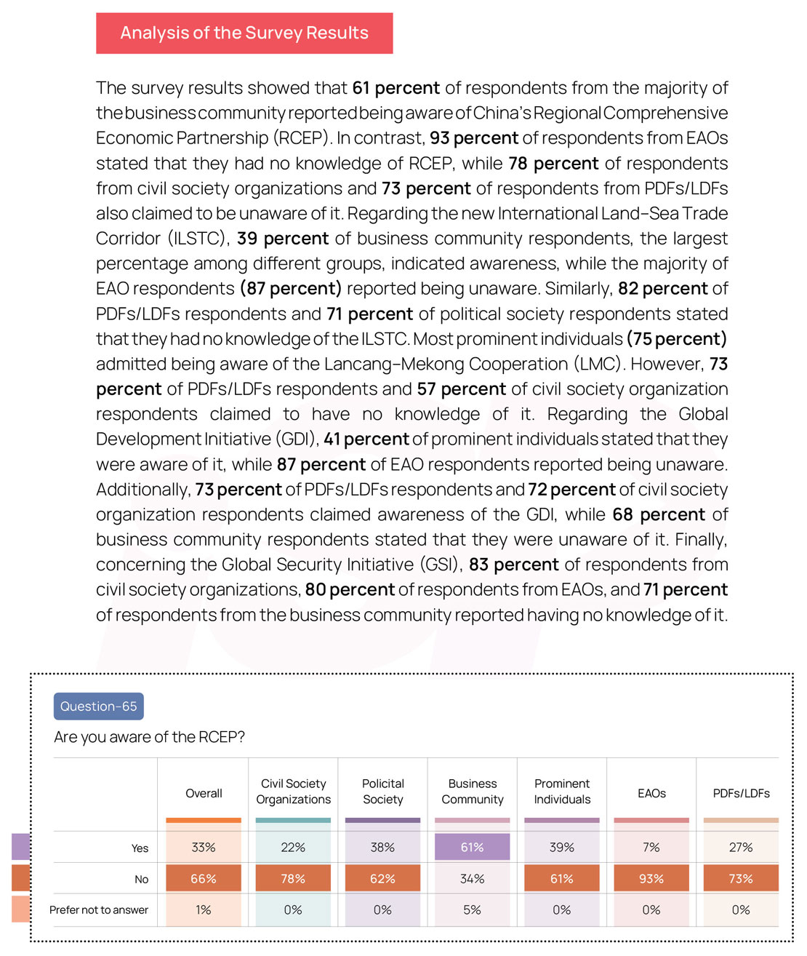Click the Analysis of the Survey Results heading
tap(244, 33)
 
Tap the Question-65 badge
tap(98, 706)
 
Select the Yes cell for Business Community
tap(472, 848)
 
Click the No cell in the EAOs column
tap(651, 879)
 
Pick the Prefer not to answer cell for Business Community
tap(472, 910)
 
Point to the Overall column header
tap(204, 793)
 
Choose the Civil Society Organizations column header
tap(293, 792)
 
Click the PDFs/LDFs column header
tap(741, 793)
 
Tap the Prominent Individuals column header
tap(562, 792)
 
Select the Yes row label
tap(140, 848)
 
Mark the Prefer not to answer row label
tap(99, 910)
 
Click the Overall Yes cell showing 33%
tap(204, 848)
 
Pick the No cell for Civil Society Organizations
tap(293, 879)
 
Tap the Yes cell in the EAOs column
tap(651, 848)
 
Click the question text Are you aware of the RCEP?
tap(149, 737)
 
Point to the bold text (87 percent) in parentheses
tap(291, 289)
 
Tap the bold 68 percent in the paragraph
tap(659, 515)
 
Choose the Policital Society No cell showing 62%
tap(382, 879)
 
